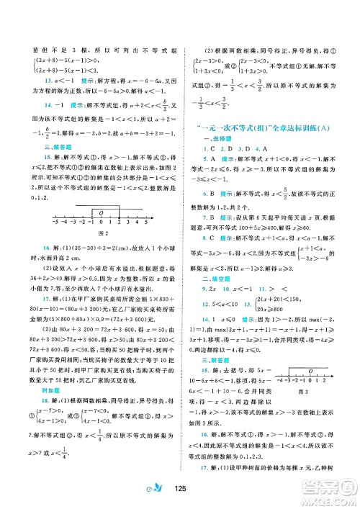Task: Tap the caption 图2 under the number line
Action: [101, 234]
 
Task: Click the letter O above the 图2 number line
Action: [101, 212]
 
